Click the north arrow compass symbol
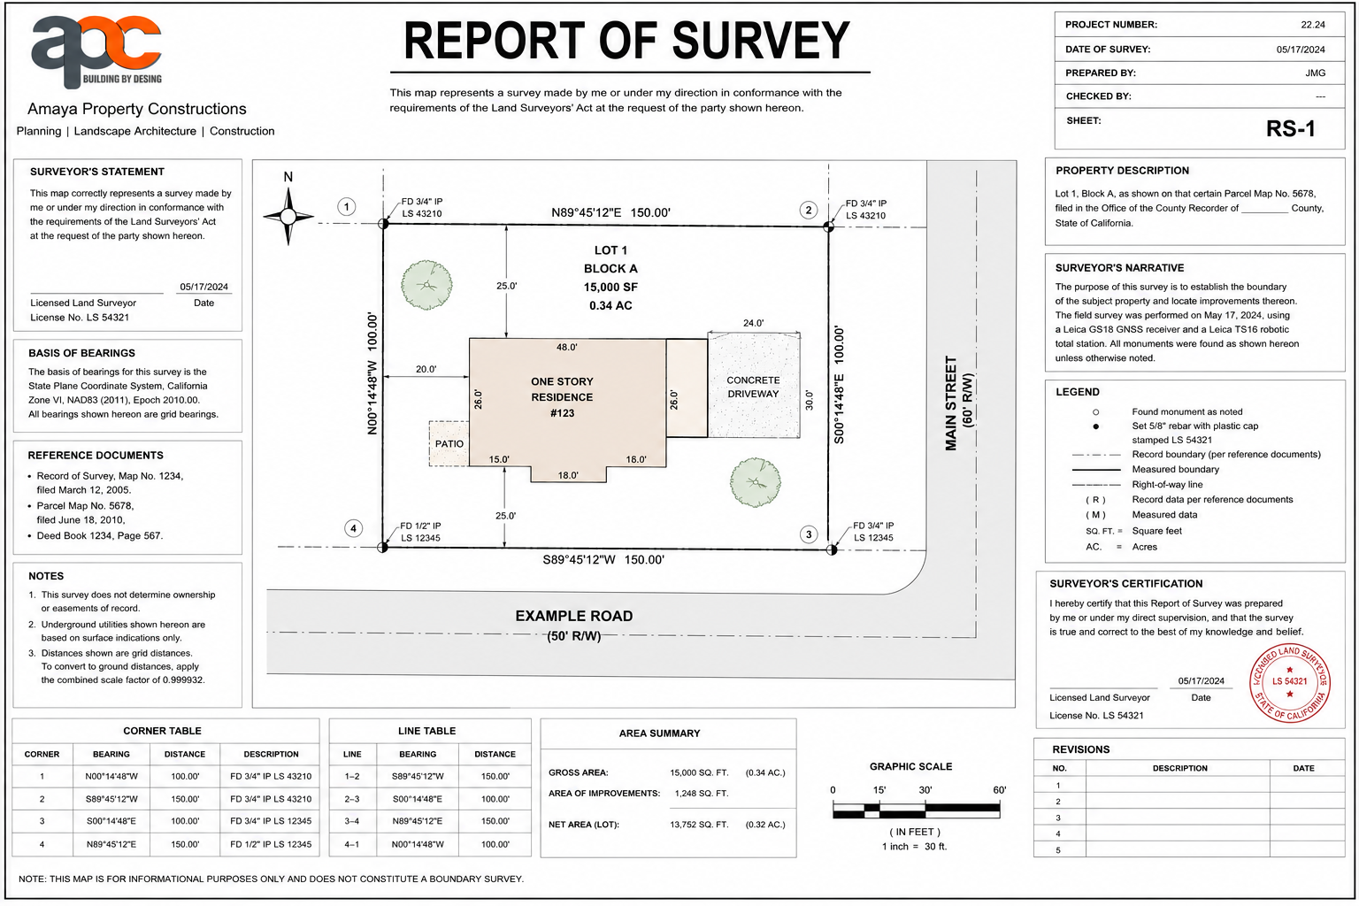pyautogui.click(x=288, y=216)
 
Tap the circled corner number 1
pyautogui.click(x=347, y=207)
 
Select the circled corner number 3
pyautogui.click(x=808, y=534)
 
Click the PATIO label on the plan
pyautogui.click(x=449, y=443)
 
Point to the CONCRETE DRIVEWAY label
pyautogui.click(x=753, y=388)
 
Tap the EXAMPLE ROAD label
pyautogui.click(x=574, y=616)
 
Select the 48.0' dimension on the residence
pyautogui.click(x=566, y=347)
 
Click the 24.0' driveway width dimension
pyautogui.click(x=753, y=323)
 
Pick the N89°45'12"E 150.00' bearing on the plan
pyautogui.click(x=610, y=212)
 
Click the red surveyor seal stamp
pyautogui.click(x=1289, y=683)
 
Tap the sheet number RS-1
pyautogui.click(x=1291, y=128)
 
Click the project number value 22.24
pyautogui.click(x=1313, y=25)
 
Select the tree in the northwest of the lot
pyautogui.click(x=426, y=285)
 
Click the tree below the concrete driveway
pyautogui.click(x=756, y=482)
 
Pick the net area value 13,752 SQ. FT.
pyautogui.click(x=699, y=825)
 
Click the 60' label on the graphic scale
pyautogui.click(x=999, y=790)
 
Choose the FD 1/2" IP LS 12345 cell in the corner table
pyautogui.click(x=271, y=844)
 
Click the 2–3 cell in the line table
pyautogui.click(x=352, y=799)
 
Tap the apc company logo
pyautogui.click(x=97, y=51)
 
